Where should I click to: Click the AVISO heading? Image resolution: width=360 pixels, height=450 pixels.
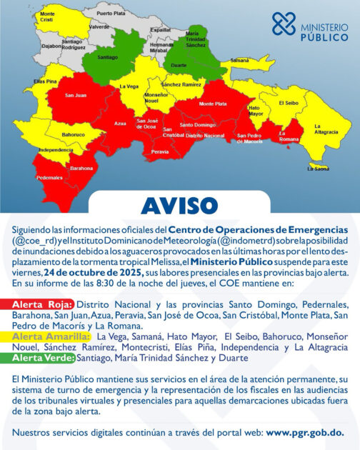tap(180, 205)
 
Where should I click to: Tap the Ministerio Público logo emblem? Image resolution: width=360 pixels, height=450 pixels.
tap(283, 24)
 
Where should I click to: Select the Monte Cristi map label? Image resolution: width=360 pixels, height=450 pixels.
tap(48, 16)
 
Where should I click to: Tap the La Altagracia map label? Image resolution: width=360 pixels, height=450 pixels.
tap(326, 130)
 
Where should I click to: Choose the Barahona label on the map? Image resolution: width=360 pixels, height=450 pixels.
tap(81, 169)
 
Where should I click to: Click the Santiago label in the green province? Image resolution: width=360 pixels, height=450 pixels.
tap(107, 56)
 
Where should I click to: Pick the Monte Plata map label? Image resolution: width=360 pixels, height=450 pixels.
tap(212, 104)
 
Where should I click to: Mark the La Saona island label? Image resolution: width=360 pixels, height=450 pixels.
tap(319, 169)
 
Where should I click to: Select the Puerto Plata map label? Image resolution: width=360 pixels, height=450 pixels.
tap(111, 14)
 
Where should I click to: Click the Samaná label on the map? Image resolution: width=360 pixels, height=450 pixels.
tap(239, 61)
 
